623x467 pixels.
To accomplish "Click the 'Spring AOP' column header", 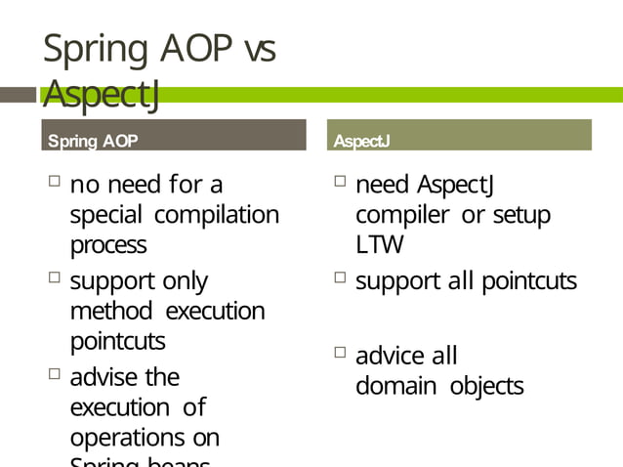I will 93,142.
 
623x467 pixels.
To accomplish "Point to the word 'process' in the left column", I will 108,244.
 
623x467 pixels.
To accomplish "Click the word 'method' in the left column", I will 110,312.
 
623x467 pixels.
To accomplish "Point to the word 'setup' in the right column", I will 520,214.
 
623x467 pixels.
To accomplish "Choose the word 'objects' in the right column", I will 486,386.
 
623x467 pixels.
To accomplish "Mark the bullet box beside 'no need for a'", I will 53,181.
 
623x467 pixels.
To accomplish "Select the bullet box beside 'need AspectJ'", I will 339,181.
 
